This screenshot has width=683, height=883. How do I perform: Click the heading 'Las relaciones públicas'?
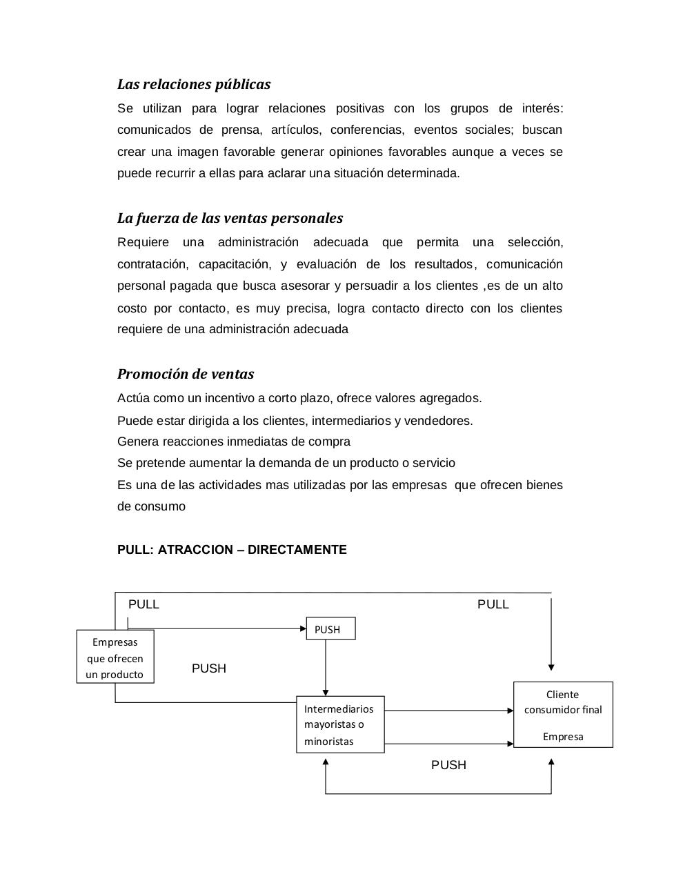tap(194, 84)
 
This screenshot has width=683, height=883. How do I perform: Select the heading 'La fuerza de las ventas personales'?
tap(230, 218)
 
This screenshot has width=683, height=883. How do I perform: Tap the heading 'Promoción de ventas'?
tap(186, 374)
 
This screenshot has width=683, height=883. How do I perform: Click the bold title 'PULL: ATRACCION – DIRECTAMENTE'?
tap(232, 550)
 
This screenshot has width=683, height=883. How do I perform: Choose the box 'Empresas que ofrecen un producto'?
tap(115, 657)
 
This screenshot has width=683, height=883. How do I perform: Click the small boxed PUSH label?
tap(330, 628)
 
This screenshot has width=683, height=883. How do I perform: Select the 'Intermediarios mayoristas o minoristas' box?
tap(340, 724)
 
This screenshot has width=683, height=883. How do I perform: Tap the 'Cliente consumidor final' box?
tap(563, 714)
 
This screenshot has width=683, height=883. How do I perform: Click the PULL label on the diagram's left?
tap(143, 604)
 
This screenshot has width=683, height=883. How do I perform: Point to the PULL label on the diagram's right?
tap(493, 604)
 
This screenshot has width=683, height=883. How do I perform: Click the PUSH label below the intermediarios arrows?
tap(448, 765)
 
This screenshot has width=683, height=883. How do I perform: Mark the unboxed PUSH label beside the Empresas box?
tap(209, 668)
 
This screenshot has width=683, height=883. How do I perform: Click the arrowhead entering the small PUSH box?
tap(302, 628)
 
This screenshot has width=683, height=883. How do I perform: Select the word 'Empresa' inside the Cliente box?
tap(563, 737)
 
